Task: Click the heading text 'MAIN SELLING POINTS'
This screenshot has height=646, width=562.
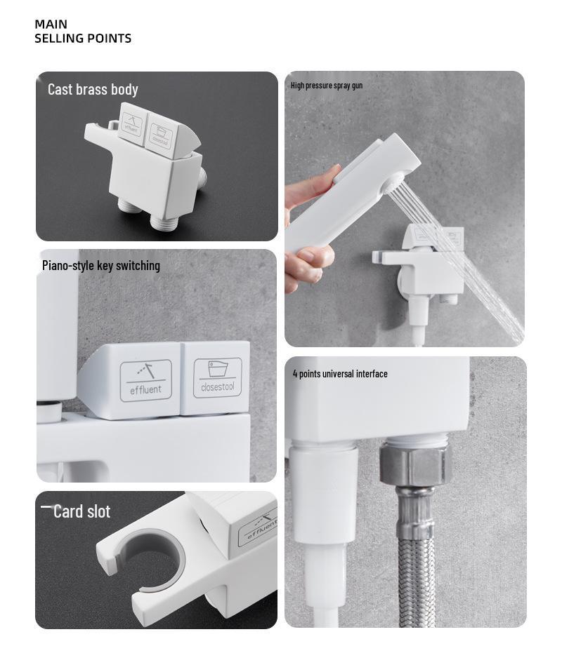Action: [x=83, y=32]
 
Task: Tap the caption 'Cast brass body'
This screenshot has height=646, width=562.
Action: [x=93, y=89]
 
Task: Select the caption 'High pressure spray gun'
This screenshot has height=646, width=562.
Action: [x=327, y=86]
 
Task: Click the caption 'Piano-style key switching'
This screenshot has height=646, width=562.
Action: [x=101, y=265]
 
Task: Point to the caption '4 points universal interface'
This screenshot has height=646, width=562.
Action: [x=340, y=374]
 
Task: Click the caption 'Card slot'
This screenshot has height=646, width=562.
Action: [x=81, y=511]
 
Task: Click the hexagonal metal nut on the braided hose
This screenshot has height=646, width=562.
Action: [x=413, y=466]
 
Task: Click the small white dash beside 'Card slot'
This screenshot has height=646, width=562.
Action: [x=46, y=506]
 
